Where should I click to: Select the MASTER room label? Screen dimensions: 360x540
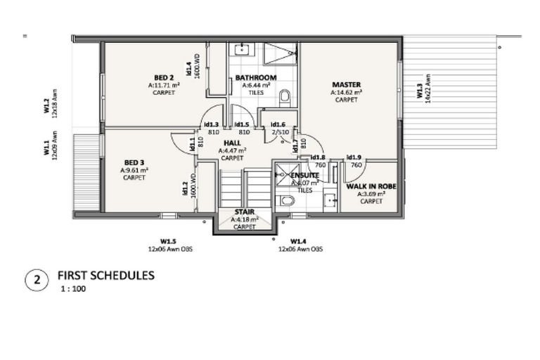click(346, 84)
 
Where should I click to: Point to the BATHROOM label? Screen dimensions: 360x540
click(255, 77)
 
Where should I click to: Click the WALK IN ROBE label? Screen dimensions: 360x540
click(371, 186)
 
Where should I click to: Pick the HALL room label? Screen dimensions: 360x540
click(232, 143)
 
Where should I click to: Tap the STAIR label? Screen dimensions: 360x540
click(244, 212)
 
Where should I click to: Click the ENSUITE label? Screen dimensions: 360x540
click(304, 175)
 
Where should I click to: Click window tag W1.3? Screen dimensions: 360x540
click(419, 91)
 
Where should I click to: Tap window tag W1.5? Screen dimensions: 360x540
click(167, 240)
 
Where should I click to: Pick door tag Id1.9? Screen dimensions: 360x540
click(354, 157)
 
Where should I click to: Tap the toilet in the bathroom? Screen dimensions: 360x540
click(285, 96)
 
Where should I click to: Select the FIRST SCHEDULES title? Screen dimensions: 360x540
click(105, 276)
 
